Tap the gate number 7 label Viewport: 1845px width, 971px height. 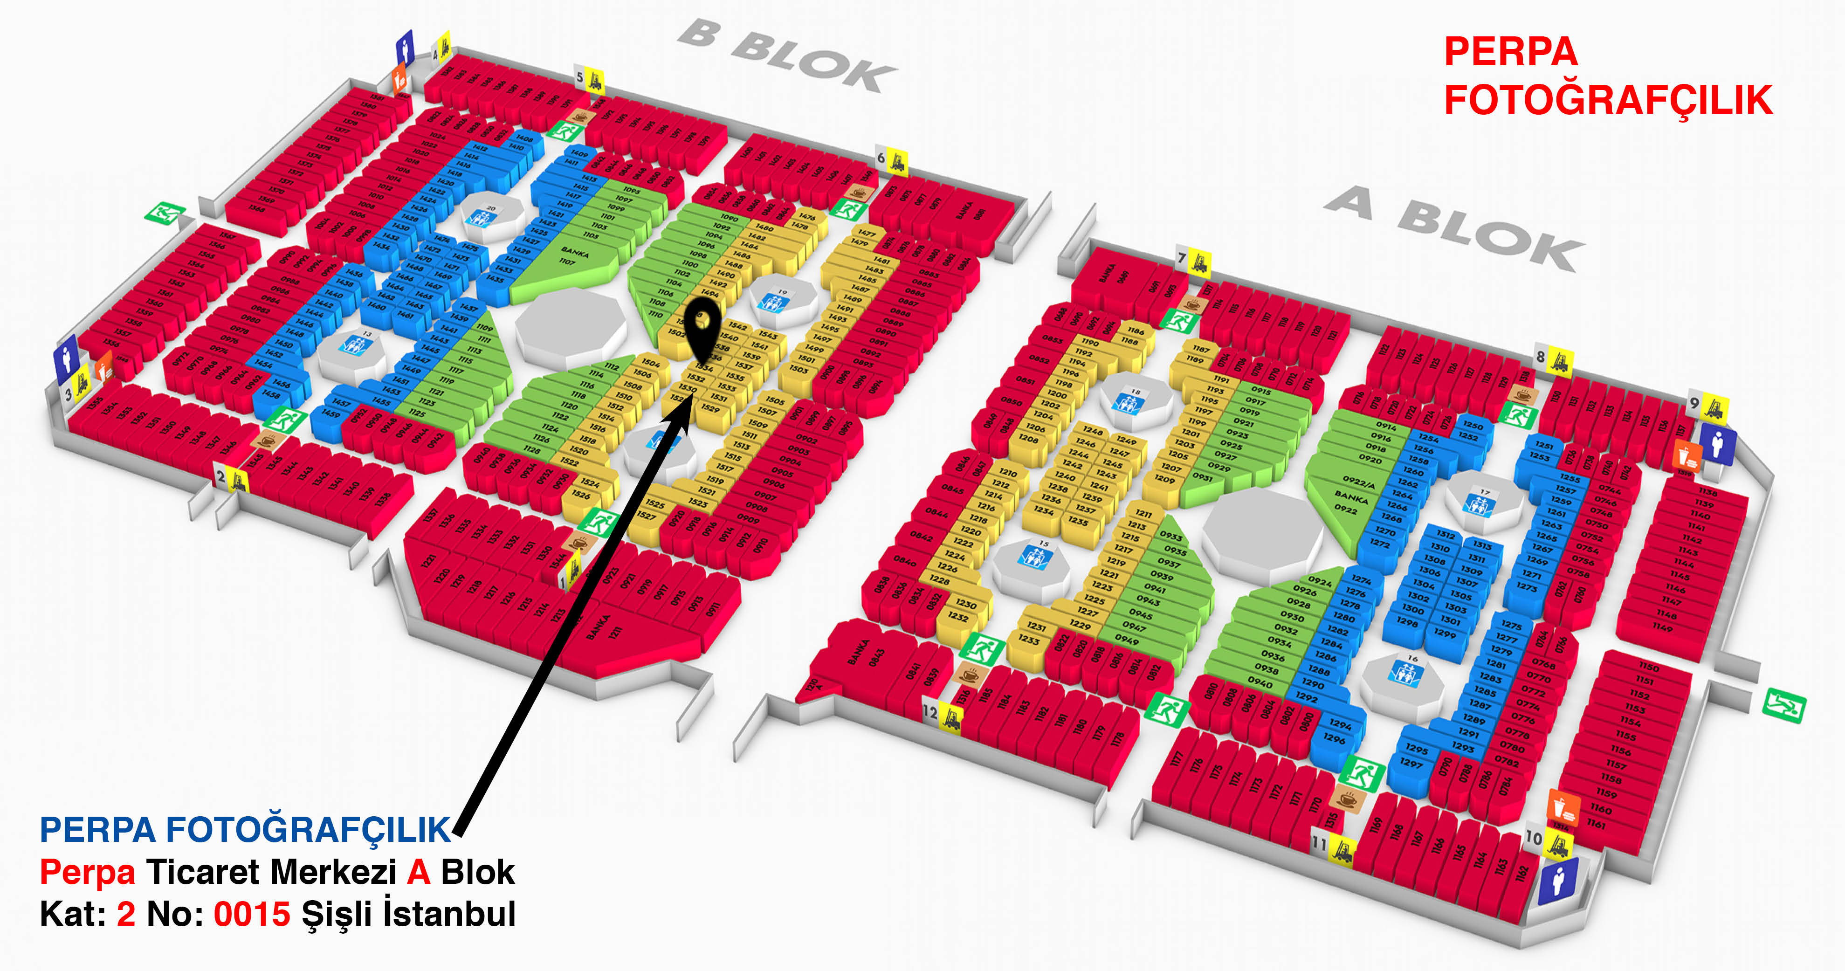tap(1182, 258)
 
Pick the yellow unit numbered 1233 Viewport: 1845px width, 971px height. tap(1028, 640)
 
